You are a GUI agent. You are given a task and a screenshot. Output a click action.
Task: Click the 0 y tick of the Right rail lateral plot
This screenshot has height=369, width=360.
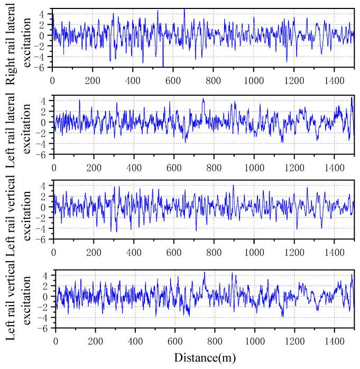46,35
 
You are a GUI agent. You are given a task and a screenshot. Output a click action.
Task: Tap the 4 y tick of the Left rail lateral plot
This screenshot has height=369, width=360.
46,100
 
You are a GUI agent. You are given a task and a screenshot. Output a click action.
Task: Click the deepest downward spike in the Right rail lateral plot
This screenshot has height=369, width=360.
163,66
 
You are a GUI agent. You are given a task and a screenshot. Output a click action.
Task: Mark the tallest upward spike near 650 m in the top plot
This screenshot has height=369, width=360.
184,9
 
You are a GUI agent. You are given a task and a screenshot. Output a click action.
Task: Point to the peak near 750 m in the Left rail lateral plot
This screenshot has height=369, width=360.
203,98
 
